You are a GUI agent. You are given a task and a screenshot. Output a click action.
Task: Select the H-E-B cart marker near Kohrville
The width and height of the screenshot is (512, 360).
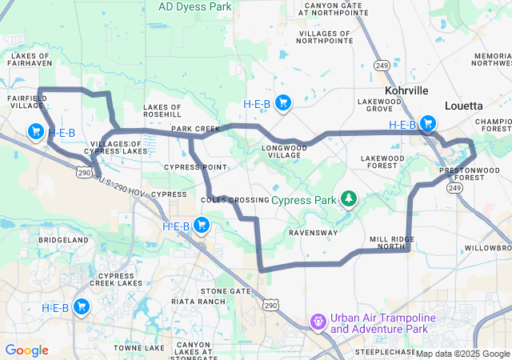click(x=428, y=123)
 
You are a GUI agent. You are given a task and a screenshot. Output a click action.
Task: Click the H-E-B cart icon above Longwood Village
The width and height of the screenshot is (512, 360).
click(x=282, y=102)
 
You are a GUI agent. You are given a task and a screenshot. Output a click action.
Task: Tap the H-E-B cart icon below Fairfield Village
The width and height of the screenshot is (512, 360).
click(x=36, y=131)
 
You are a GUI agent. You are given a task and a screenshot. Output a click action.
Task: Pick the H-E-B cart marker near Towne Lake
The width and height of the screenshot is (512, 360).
click(x=81, y=306)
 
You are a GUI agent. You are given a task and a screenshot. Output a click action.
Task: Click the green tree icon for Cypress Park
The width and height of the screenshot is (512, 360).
click(x=349, y=198)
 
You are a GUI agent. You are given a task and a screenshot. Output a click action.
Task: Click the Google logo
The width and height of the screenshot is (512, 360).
click(x=26, y=350)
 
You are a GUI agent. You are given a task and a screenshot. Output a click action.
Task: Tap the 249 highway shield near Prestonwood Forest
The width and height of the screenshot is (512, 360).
click(x=454, y=187)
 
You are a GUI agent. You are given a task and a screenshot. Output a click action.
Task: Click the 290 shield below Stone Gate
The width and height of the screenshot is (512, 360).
click(x=271, y=305)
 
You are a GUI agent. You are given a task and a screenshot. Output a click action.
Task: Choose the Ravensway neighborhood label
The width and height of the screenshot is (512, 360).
click(x=314, y=234)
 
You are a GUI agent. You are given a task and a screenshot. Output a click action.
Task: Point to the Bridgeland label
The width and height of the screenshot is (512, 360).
click(x=63, y=240)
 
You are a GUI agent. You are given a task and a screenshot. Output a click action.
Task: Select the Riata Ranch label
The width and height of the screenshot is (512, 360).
click(x=198, y=302)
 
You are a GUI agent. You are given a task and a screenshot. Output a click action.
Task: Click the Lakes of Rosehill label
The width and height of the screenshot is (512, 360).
click(x=168, y=110)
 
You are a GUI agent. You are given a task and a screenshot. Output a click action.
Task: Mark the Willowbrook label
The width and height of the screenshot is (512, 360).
click(x=488, y=248)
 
